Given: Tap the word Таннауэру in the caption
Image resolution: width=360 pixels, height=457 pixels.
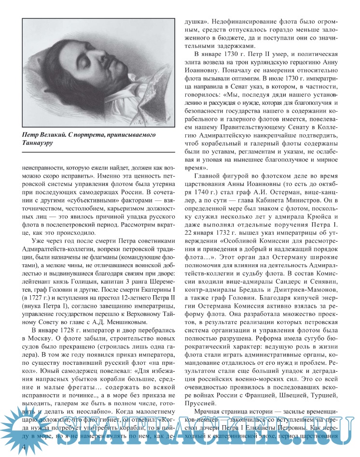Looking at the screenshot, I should (x=39, y=143).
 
